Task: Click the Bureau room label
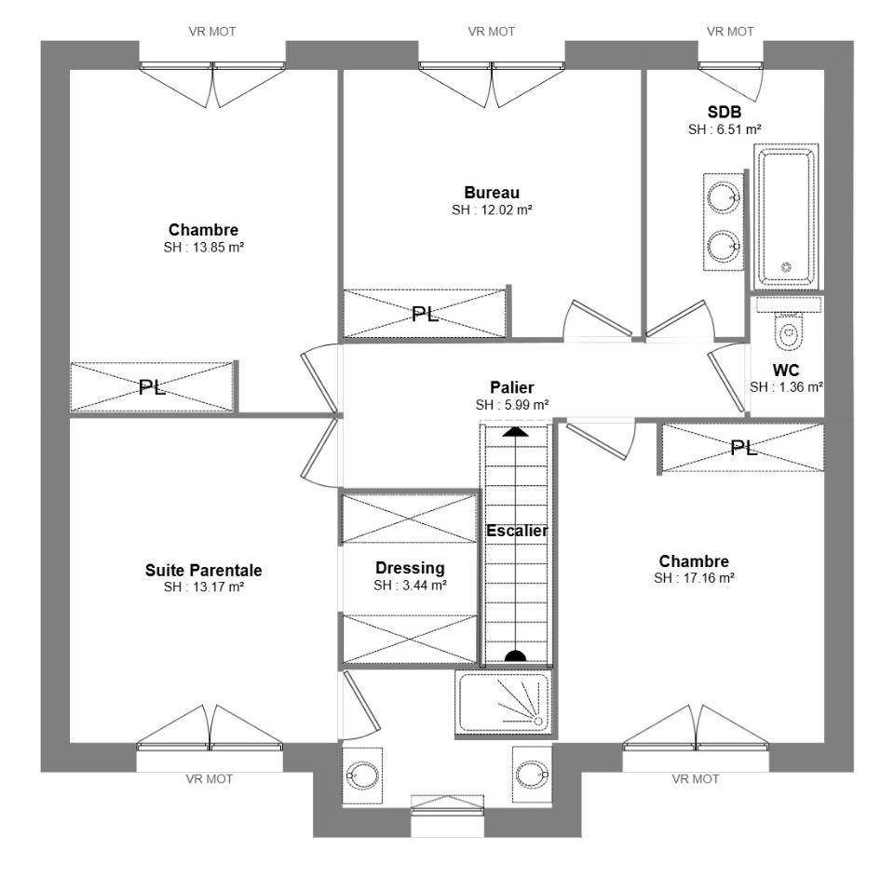click(x=492, y=193)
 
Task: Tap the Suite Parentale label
click(x=204, y=570)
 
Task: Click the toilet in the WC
click(x=789, y=332)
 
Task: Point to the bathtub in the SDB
click(x=787, y=217)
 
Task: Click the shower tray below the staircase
click(x=503, y=703)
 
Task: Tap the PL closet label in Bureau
click(x=426, y=314)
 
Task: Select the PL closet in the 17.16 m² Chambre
click(x=743, y=448)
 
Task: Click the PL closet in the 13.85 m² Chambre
click(x=152, y=387)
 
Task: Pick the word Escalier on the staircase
click(x=517, y=531)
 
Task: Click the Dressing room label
click(x=410, y=568)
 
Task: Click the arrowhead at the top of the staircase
click(x=515, y=431)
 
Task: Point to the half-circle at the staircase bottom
click(x=515, y=656)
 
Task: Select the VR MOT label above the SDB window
click(x=730, y=32)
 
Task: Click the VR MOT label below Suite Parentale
click(x=210, y=779)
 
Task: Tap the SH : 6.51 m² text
click(x=725, y=129)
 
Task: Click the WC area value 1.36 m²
click(x=801, y=387)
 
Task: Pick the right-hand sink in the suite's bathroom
click(x=532, y=775)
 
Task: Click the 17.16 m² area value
click(x=709, y=578)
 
